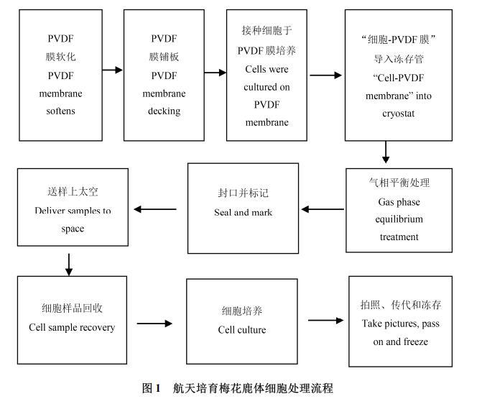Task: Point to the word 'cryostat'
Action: [397, 114]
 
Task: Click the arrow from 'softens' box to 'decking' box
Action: [112, 70]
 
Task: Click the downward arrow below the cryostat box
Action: [386, 152]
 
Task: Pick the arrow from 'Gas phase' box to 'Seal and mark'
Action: [323, 210]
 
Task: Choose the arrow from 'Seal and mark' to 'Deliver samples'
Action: [155, 209]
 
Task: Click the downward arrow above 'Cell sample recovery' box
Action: [69, 264]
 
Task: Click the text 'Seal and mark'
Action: [243, 212]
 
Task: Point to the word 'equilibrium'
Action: [399, 219]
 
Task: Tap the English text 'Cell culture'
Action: [242, 330]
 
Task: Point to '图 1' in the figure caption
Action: [151, 388]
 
